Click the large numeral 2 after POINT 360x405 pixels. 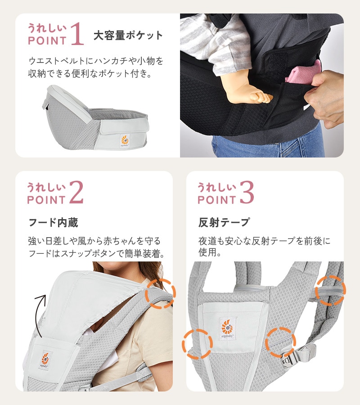76,192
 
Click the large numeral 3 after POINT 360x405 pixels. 247,192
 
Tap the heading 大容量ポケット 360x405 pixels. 128,36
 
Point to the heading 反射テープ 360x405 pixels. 224,223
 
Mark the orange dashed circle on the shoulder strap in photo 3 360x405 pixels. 330,291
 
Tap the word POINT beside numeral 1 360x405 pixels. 47,41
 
